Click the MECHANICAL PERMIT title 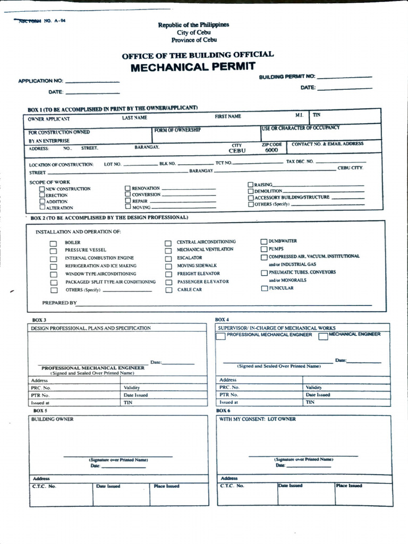tap(193, 67)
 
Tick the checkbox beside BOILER tap(53, 243)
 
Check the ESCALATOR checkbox tap(168, 258)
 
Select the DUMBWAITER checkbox tap(264, 241)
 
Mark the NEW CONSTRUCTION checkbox tap(42, 189)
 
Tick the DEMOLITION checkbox tap(251, 191)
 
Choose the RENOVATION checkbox tap(127, 188)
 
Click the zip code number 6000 tap(271, 150)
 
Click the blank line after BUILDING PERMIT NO tap(344, 77)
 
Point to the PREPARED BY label tap(59, 303)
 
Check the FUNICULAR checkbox tap(264, 288)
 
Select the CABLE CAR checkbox tap(168, 290)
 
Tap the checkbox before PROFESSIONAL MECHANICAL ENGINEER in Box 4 tap(220, 337)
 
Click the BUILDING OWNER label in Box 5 tap(52, 419)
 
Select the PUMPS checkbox tap(264, 249)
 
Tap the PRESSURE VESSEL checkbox tap(53, 251)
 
